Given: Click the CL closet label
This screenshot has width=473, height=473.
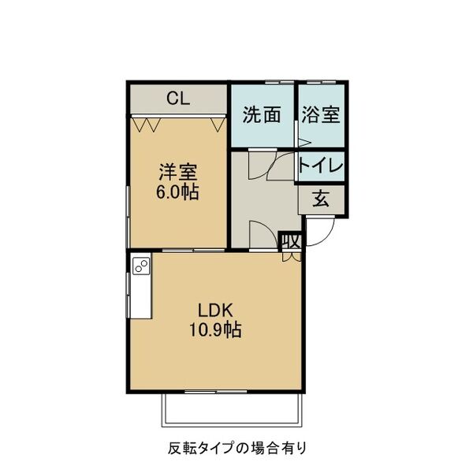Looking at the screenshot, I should pos(178,99).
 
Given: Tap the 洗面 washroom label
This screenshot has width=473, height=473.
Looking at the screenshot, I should pos(262,115).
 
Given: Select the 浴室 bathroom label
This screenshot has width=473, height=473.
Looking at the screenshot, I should pos(320,115).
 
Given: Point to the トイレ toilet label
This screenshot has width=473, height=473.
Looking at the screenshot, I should pos(320,166).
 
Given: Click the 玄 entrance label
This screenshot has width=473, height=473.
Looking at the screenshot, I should pos(321,198).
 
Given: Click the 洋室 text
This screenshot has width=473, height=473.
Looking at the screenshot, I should pos(177,171).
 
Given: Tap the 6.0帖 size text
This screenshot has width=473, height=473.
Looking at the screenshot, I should pos(177,192).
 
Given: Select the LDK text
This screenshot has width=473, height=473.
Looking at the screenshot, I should pos(214,309).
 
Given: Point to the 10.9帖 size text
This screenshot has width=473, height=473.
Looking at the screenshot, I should pos(214,330).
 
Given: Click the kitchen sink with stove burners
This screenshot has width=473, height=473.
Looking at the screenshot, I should pos(142,266).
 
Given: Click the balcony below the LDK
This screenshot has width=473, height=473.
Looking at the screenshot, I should pos(232,408).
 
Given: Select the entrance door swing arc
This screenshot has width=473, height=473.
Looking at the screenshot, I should pos(322,229).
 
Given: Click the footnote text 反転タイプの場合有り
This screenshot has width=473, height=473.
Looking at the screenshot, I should pos(236,447).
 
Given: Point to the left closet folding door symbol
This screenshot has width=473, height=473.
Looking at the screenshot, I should pos(148,123).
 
